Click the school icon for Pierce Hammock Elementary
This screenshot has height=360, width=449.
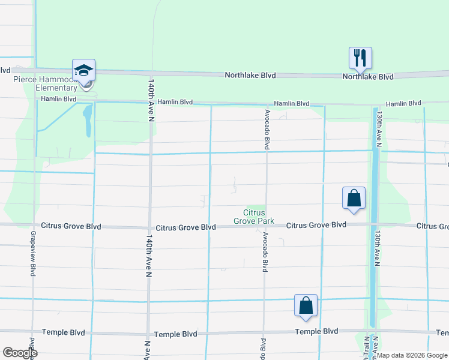84,71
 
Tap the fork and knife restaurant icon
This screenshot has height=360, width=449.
360,58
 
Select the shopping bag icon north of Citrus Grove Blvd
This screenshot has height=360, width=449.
354,198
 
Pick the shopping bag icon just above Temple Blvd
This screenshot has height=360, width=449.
306,305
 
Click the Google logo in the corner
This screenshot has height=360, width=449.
20,353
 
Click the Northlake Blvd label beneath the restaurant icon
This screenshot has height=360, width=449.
368,77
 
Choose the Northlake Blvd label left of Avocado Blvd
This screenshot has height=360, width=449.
250,76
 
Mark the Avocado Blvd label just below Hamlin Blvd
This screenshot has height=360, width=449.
266,129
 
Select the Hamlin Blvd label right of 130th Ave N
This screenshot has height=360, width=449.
403,104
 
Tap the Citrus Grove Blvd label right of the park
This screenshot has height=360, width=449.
316,225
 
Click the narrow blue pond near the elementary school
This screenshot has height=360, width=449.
88,120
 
